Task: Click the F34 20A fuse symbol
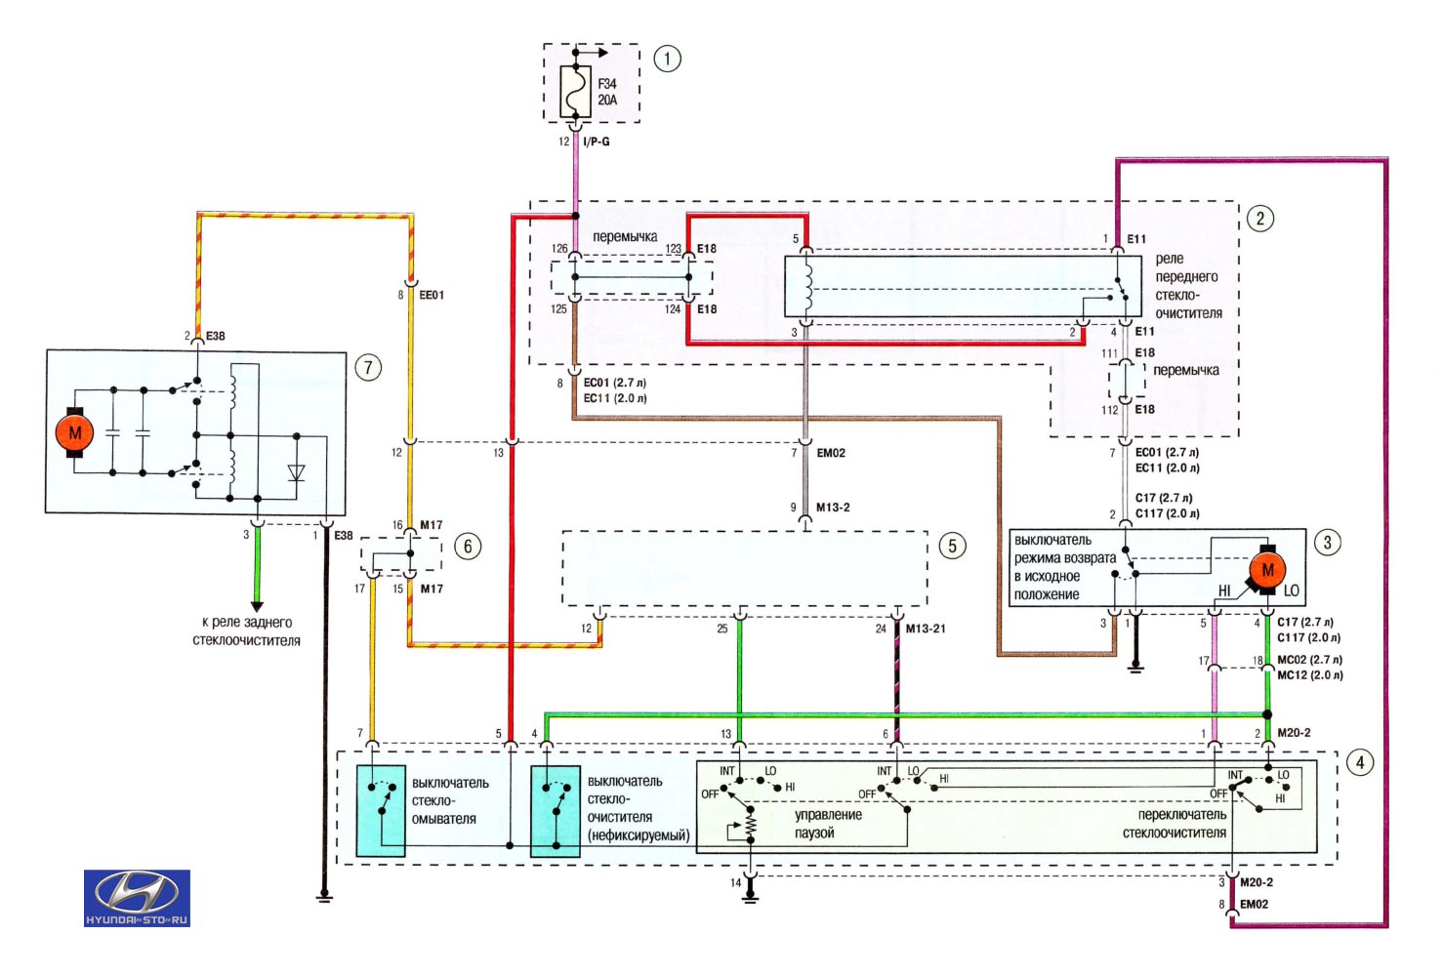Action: (575, 91)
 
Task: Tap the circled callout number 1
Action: (667, 59)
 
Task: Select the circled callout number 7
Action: (368, 368)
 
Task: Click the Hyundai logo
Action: (137, 898)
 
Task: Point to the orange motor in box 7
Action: (75, 432)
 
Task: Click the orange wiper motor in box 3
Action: (1267, 570)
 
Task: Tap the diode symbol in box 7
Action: (297, 472)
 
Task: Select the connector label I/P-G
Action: (596, 142)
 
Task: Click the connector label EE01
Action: (432, 295)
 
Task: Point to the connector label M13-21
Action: (926, 629)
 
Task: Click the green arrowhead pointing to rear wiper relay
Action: (257, 606)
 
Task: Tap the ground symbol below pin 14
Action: (749, 898)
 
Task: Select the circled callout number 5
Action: (952, 546)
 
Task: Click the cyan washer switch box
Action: (381, 810)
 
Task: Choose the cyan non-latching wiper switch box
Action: (556, 810)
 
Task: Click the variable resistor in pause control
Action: (749, 826)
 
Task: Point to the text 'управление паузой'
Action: (828, 824)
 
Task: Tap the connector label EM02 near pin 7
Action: (831, 453)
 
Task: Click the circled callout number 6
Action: (467, 547)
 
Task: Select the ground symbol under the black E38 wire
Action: (325, 897)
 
